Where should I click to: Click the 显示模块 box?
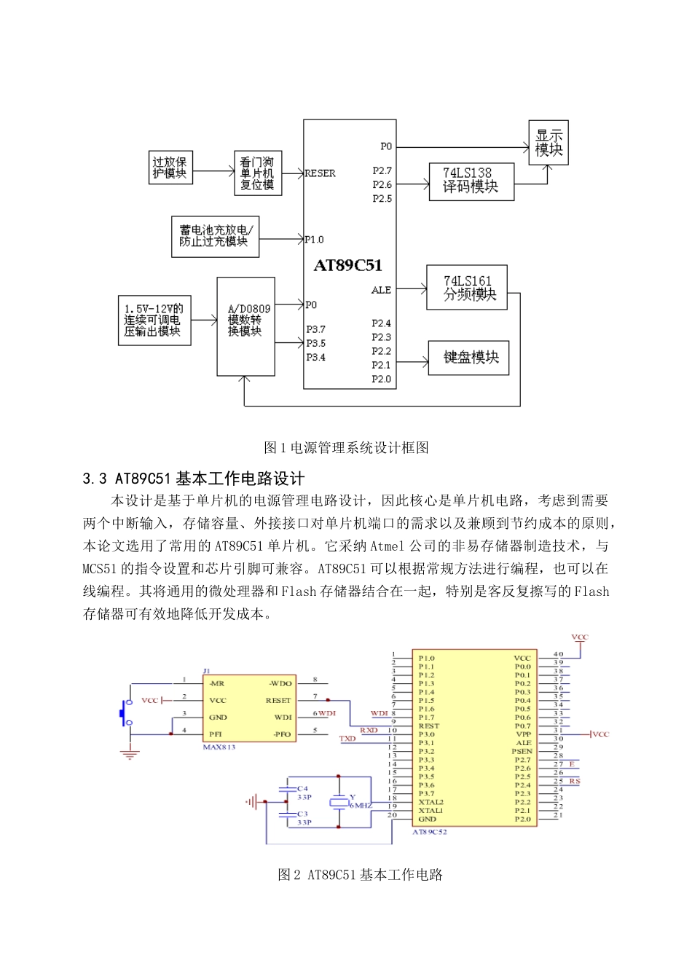coord(549,143)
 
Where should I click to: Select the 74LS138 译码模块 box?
coord(471,181)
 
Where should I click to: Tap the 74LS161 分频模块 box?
coord(467,288)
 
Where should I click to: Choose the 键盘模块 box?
coord(468,358)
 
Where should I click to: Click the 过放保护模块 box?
coord(170,168)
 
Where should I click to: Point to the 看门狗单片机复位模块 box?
coord(257,173)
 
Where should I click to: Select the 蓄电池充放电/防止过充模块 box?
coord(215,236)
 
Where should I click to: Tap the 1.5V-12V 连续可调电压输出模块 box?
coord(154,321)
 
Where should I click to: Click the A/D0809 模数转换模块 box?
coord(245,326)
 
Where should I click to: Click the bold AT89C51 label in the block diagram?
coord(347,266)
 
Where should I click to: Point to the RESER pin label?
coord(320,173)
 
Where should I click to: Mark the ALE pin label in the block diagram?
coord(381,290)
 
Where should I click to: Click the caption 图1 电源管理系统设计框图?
coord(346,447)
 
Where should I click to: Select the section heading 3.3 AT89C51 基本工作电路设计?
coord(194,479)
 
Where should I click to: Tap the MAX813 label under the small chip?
coord(219,747)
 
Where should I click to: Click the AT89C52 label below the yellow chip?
coord(430,832)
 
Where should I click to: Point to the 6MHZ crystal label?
coord(361,806)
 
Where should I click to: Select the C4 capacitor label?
coord(302,789)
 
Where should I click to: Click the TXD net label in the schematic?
coord(347,739)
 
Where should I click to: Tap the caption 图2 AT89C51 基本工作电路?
coord(360,875)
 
